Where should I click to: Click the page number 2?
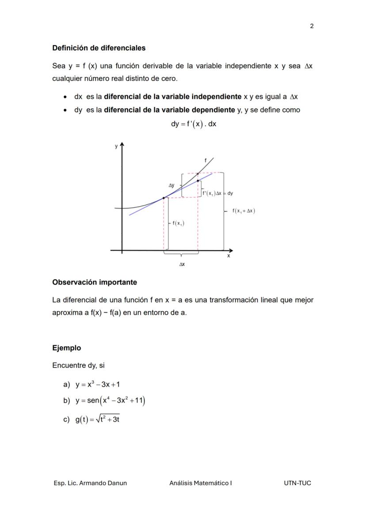point(312,26)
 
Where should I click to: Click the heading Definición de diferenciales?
point(99,48)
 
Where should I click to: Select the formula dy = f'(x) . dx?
point(194,124)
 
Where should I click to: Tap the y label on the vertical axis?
point(116,147)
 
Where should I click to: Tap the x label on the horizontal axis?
point(229,256)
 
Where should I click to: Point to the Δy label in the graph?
point(172,185)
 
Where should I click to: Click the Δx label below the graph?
point(182,264)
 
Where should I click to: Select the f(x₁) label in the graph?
point(178,223)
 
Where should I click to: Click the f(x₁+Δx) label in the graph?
point(244,211)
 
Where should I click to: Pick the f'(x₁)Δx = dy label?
point(217,193)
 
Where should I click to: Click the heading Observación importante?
point(95,282)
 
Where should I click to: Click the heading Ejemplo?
point(67,348)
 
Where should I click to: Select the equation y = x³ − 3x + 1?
point(97,384)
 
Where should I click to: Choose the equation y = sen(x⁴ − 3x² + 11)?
point(110,401)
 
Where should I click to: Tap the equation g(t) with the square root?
point(97,419)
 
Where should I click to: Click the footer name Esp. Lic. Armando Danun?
point(90,483)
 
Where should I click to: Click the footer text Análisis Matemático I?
point(200,483)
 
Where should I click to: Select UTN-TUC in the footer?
point(297,483)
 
